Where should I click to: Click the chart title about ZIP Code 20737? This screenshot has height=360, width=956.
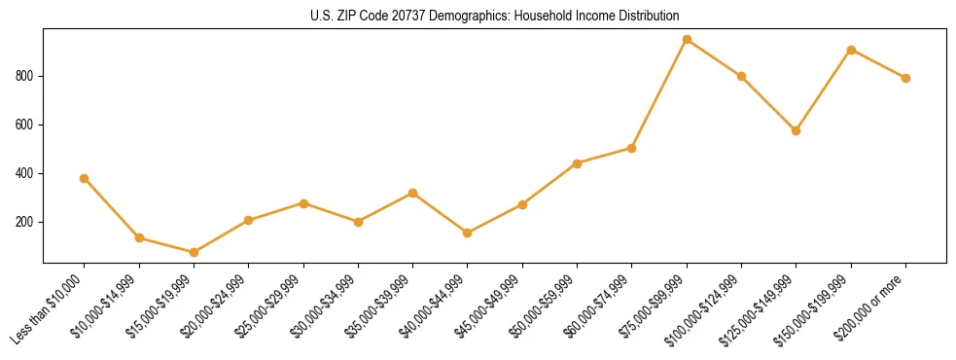(495, 16)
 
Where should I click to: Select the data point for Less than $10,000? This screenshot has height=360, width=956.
(85, 178)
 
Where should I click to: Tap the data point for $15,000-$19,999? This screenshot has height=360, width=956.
(194, 252)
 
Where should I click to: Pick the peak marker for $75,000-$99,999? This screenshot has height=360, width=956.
(687, 40)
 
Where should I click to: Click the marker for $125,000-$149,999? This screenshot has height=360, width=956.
(797, 130)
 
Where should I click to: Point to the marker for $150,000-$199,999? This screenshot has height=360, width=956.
(851, 50)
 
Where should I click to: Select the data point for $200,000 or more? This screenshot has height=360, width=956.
(905, 78)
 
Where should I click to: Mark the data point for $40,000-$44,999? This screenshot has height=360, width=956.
(468, 233)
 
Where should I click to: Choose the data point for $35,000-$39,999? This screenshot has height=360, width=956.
(413, 193)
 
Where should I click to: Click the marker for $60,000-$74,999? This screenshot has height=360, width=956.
(632, 148)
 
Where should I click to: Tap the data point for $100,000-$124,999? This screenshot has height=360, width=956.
(742, 76)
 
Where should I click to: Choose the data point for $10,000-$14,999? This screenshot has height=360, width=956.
(139, 237)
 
